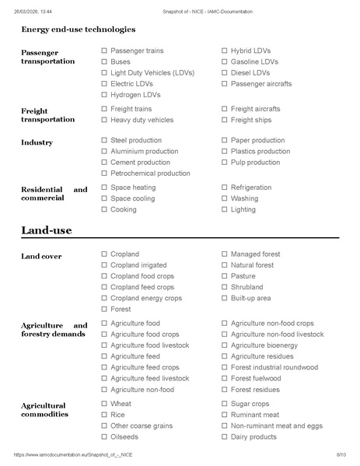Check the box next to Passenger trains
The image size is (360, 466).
(x=104, y=51)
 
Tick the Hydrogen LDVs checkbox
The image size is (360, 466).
(x=104, y=94)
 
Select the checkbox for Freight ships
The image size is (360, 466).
(x=225, y=120)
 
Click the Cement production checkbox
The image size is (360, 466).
(x=104, y=163)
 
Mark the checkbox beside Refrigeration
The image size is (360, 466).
(x=225, y=187)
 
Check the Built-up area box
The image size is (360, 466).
(x=225, y=298)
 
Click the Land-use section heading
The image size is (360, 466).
(x=47, y=230)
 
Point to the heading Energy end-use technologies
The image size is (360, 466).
(x=78, y=30)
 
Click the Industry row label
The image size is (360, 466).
(x=37, y=142)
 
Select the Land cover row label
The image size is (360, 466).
(x=41, y=256)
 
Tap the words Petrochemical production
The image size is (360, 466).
(x=150, y=173)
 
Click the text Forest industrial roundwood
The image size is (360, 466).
(x=274, y=367)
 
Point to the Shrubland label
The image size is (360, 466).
(x=248, y=287)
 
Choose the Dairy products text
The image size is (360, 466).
(x=253, y=436)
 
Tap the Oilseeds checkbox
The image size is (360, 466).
(x=104, y=436)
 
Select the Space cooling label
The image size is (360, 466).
(x=133, y=198)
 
